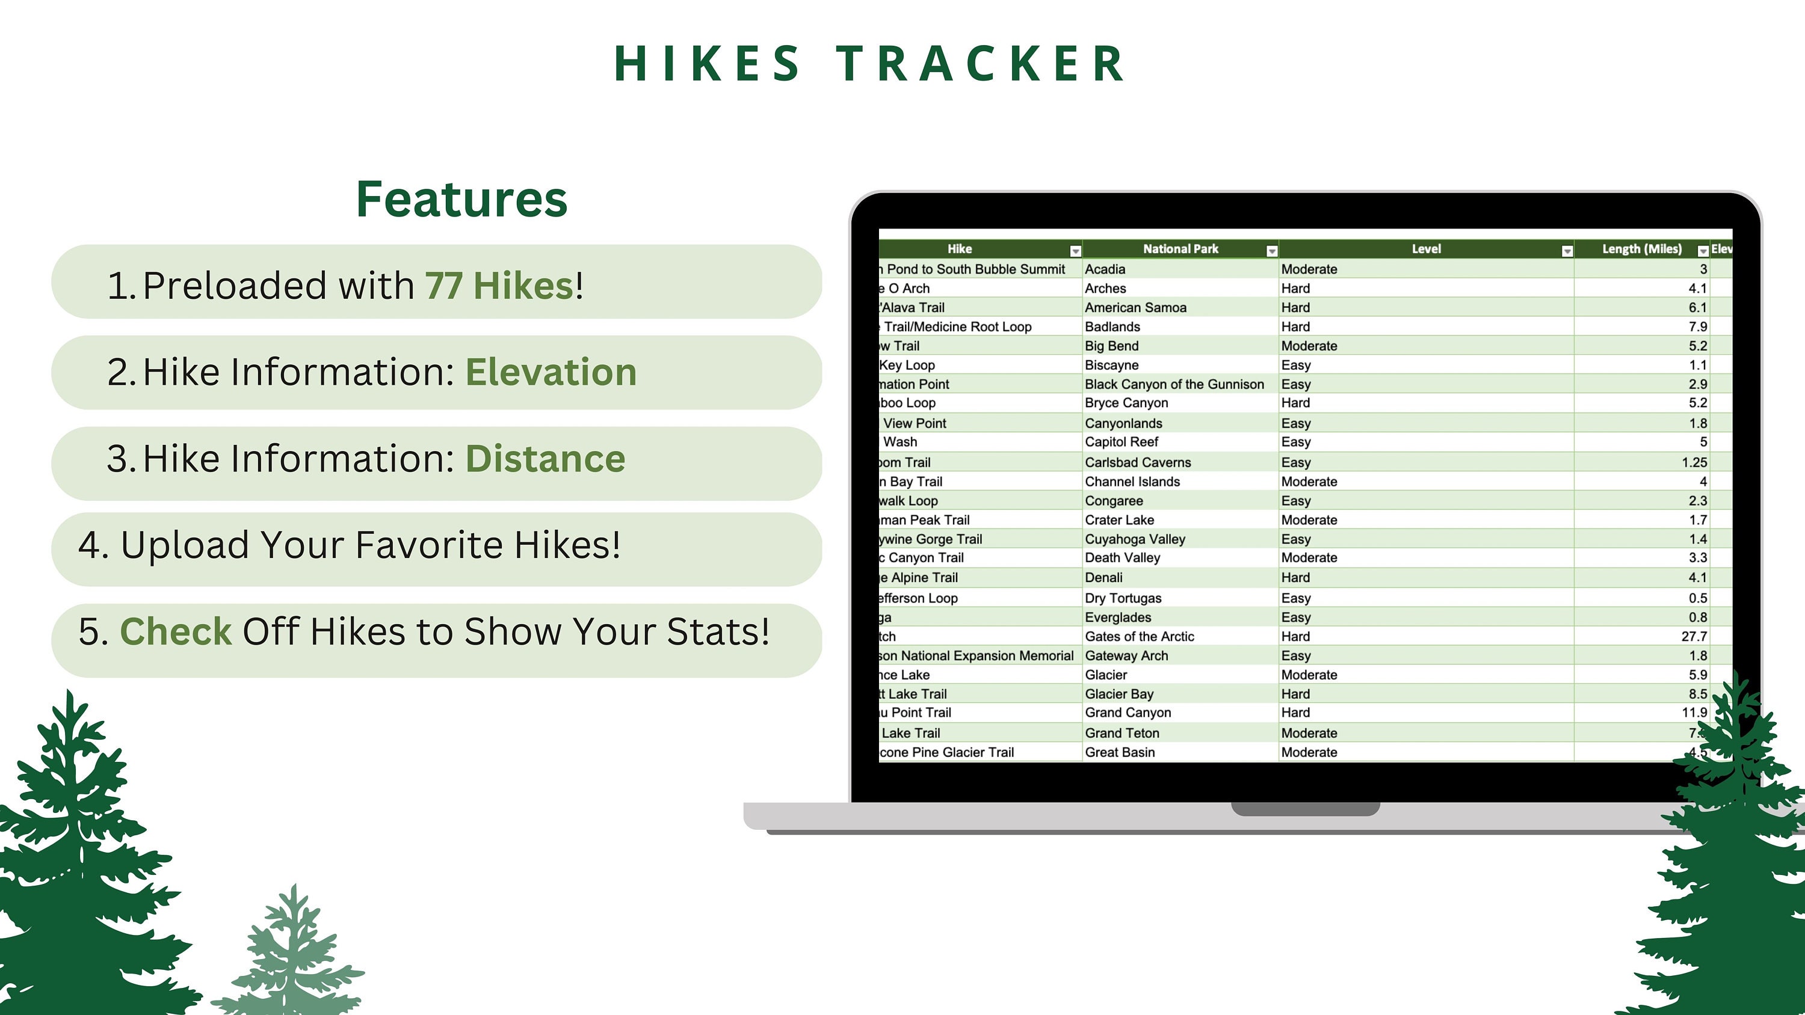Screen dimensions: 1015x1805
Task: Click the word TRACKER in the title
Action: click(x=981, y=64)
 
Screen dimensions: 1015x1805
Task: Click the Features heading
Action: click(x=461, y=199)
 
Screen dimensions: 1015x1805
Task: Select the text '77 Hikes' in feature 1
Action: click(x=499, y=285)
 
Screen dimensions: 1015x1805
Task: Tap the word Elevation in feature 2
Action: click(x=551, y=372)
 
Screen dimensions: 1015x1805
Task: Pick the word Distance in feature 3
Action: click(x=545, y=459)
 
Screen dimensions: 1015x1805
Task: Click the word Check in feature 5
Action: click(x=175, y=631)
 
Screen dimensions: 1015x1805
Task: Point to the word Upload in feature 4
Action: click(x=184, y=545)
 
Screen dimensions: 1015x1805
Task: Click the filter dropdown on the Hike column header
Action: click(x=1075, y=251)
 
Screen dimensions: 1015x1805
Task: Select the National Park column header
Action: click(x=1180, y=249)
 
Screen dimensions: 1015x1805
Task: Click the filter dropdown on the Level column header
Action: click(x=1567, y=251)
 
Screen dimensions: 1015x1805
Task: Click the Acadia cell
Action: click(x=1105, y=269)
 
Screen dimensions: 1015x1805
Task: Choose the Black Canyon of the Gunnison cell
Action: click(x=1174, y=384)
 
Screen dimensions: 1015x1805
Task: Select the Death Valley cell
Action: click(x=1123, y=557)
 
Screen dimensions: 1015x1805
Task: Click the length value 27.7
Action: click(x=1694, y=636)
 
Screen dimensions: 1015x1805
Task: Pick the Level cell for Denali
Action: click(x=1295, y=577)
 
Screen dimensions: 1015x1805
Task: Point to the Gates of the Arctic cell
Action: click(x=1140, y=636)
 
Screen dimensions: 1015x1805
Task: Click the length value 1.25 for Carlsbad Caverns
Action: click(x=1694, y=462)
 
